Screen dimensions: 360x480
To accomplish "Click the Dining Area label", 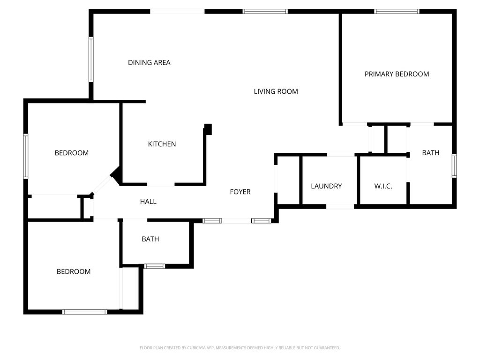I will point(149,62).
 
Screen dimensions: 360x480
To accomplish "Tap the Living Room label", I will point(276,91).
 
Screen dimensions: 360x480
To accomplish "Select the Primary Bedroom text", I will point(397,74).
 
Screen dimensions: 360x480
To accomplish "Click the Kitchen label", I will point(162,144).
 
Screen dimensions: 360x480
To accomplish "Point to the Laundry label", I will point(326,186).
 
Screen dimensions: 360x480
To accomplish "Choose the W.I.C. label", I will point(383,186).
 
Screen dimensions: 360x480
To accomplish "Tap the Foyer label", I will point(240,192).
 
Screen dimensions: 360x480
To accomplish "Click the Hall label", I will point(148,202).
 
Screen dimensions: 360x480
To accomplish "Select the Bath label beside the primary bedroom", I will point(430,153).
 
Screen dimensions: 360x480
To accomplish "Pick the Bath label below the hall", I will point(150,239).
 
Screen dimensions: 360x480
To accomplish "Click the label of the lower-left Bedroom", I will point(74,271).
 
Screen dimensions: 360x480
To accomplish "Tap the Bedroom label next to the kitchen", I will point(72,153).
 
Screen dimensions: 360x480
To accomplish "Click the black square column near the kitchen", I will point(208,129).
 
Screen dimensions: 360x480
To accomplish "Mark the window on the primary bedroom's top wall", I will point(397,11).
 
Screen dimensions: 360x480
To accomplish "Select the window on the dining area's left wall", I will point(91,60).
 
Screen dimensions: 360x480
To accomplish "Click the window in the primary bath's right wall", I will point(454,165).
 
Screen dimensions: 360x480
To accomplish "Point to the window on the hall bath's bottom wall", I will point(154,266).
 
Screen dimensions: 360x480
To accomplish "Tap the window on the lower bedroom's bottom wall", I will point(85,312).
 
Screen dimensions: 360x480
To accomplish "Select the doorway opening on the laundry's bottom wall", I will point(340,206).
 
